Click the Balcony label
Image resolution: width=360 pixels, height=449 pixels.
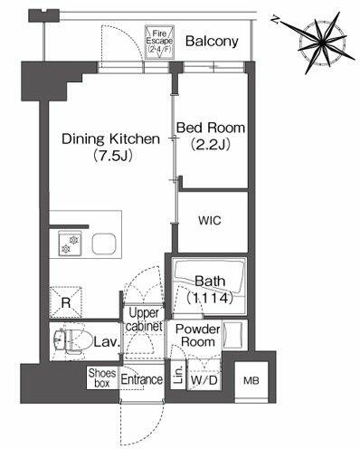point(212,41)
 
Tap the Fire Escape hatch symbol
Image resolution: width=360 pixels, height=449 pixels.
point(159,42)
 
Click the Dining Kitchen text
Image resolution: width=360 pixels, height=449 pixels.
point(110,139)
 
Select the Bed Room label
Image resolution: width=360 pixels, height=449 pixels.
point(211,128)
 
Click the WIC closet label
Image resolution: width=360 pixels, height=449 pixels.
point(210,220)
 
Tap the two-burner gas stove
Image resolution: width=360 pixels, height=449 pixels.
point(70,244)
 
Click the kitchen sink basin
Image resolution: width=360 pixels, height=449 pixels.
point(104,244)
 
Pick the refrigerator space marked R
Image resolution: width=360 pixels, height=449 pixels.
point(66,302)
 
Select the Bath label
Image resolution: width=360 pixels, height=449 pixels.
point(210,282)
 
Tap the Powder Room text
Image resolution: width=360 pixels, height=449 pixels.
point(198,336)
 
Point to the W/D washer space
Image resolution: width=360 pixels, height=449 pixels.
point(204,380)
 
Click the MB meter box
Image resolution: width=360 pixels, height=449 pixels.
point(251,381)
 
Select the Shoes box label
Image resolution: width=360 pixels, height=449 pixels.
point(102,377)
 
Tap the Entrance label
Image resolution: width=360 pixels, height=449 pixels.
point(142,379)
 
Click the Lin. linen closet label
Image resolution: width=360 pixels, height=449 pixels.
point(179,375)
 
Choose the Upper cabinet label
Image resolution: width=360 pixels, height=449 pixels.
point(144,320)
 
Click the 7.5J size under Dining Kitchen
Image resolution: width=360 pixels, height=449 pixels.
point(113,156)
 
